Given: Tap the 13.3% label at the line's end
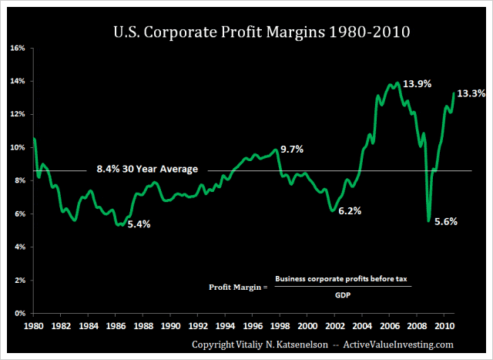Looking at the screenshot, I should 471,93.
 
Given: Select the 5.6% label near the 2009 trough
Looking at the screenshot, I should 446,221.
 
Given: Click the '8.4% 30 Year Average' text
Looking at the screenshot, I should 147,169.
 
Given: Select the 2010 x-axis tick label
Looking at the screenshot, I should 444,325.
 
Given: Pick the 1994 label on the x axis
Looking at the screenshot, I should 225,325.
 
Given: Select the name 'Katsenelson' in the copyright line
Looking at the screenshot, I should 302,345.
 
